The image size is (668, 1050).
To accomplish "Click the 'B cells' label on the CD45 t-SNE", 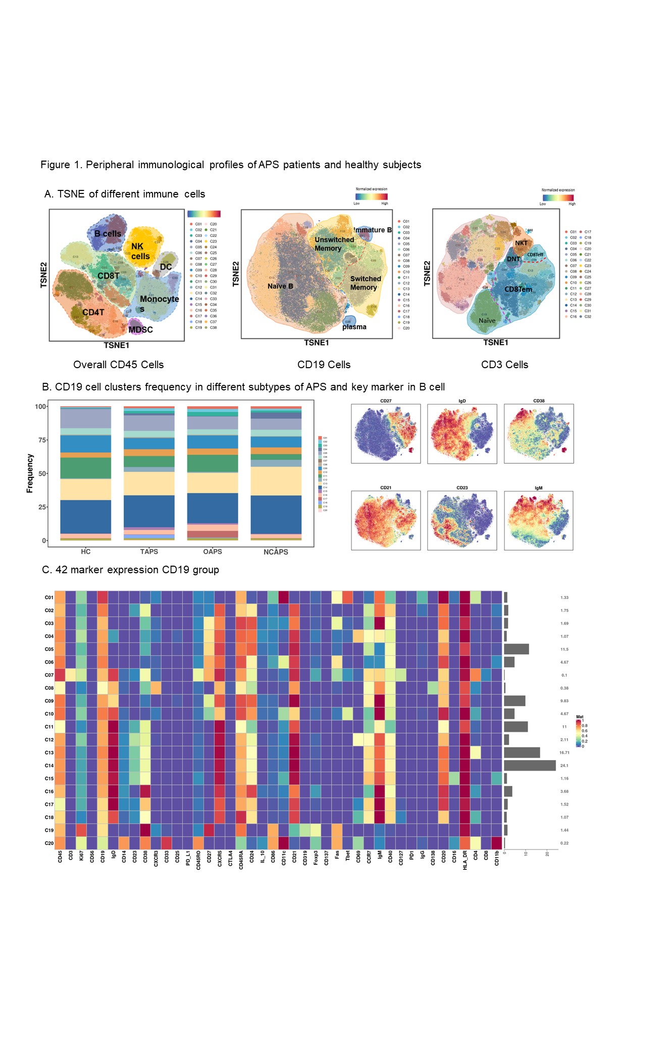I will coord(108,234).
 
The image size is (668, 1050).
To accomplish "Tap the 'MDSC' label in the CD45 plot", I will coord(140,330).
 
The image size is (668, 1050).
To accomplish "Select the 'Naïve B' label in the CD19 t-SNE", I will coord(280,286).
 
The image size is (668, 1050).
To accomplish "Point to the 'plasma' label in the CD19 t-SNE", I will coord(354,327).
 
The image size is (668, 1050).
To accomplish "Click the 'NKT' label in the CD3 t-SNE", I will coord(521,243).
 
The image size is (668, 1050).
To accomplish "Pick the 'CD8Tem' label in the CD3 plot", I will coord(518,289).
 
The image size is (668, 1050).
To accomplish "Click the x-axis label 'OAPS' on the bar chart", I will coord(213,552).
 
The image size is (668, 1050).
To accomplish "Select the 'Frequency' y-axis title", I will coord(30,473).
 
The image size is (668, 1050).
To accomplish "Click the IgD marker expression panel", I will coord(461,434).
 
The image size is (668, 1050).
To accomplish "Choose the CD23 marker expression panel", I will coord(461,520).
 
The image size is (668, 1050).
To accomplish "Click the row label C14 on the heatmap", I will coord(49,766).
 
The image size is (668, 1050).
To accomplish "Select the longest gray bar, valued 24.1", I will coord(530,766).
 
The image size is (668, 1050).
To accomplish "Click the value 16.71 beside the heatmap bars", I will coord(564,753).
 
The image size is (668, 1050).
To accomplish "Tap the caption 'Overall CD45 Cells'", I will coord(118,365).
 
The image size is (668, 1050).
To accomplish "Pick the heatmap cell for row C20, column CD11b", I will coord(497,843).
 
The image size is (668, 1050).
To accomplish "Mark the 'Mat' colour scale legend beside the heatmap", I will coord(581,731).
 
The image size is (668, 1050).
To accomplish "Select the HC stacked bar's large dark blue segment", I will coord(85,517).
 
